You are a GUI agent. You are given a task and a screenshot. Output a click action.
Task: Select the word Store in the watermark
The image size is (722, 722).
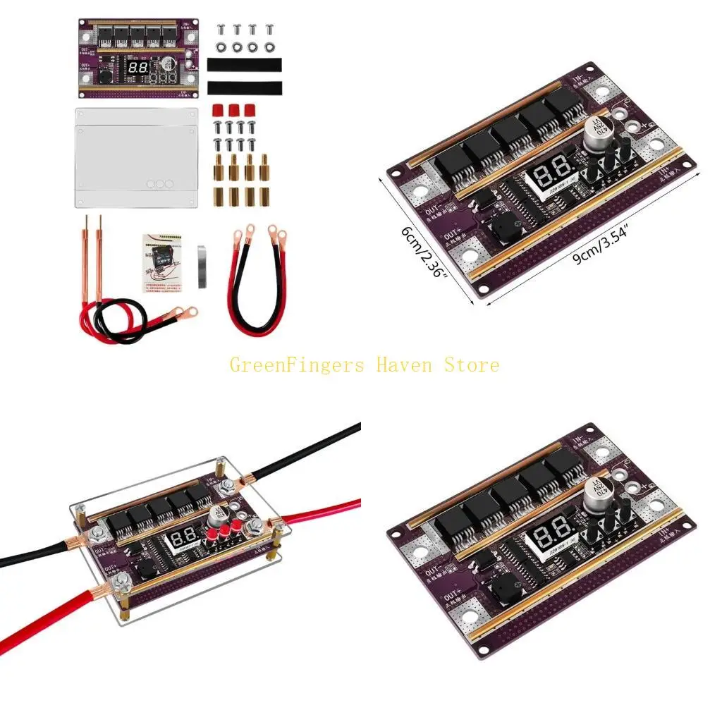[472, 365]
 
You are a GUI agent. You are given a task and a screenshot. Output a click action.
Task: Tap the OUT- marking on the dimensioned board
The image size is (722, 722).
[432, 211]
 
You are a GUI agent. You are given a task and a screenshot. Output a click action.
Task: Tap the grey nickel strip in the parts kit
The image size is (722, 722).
[202, 266]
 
